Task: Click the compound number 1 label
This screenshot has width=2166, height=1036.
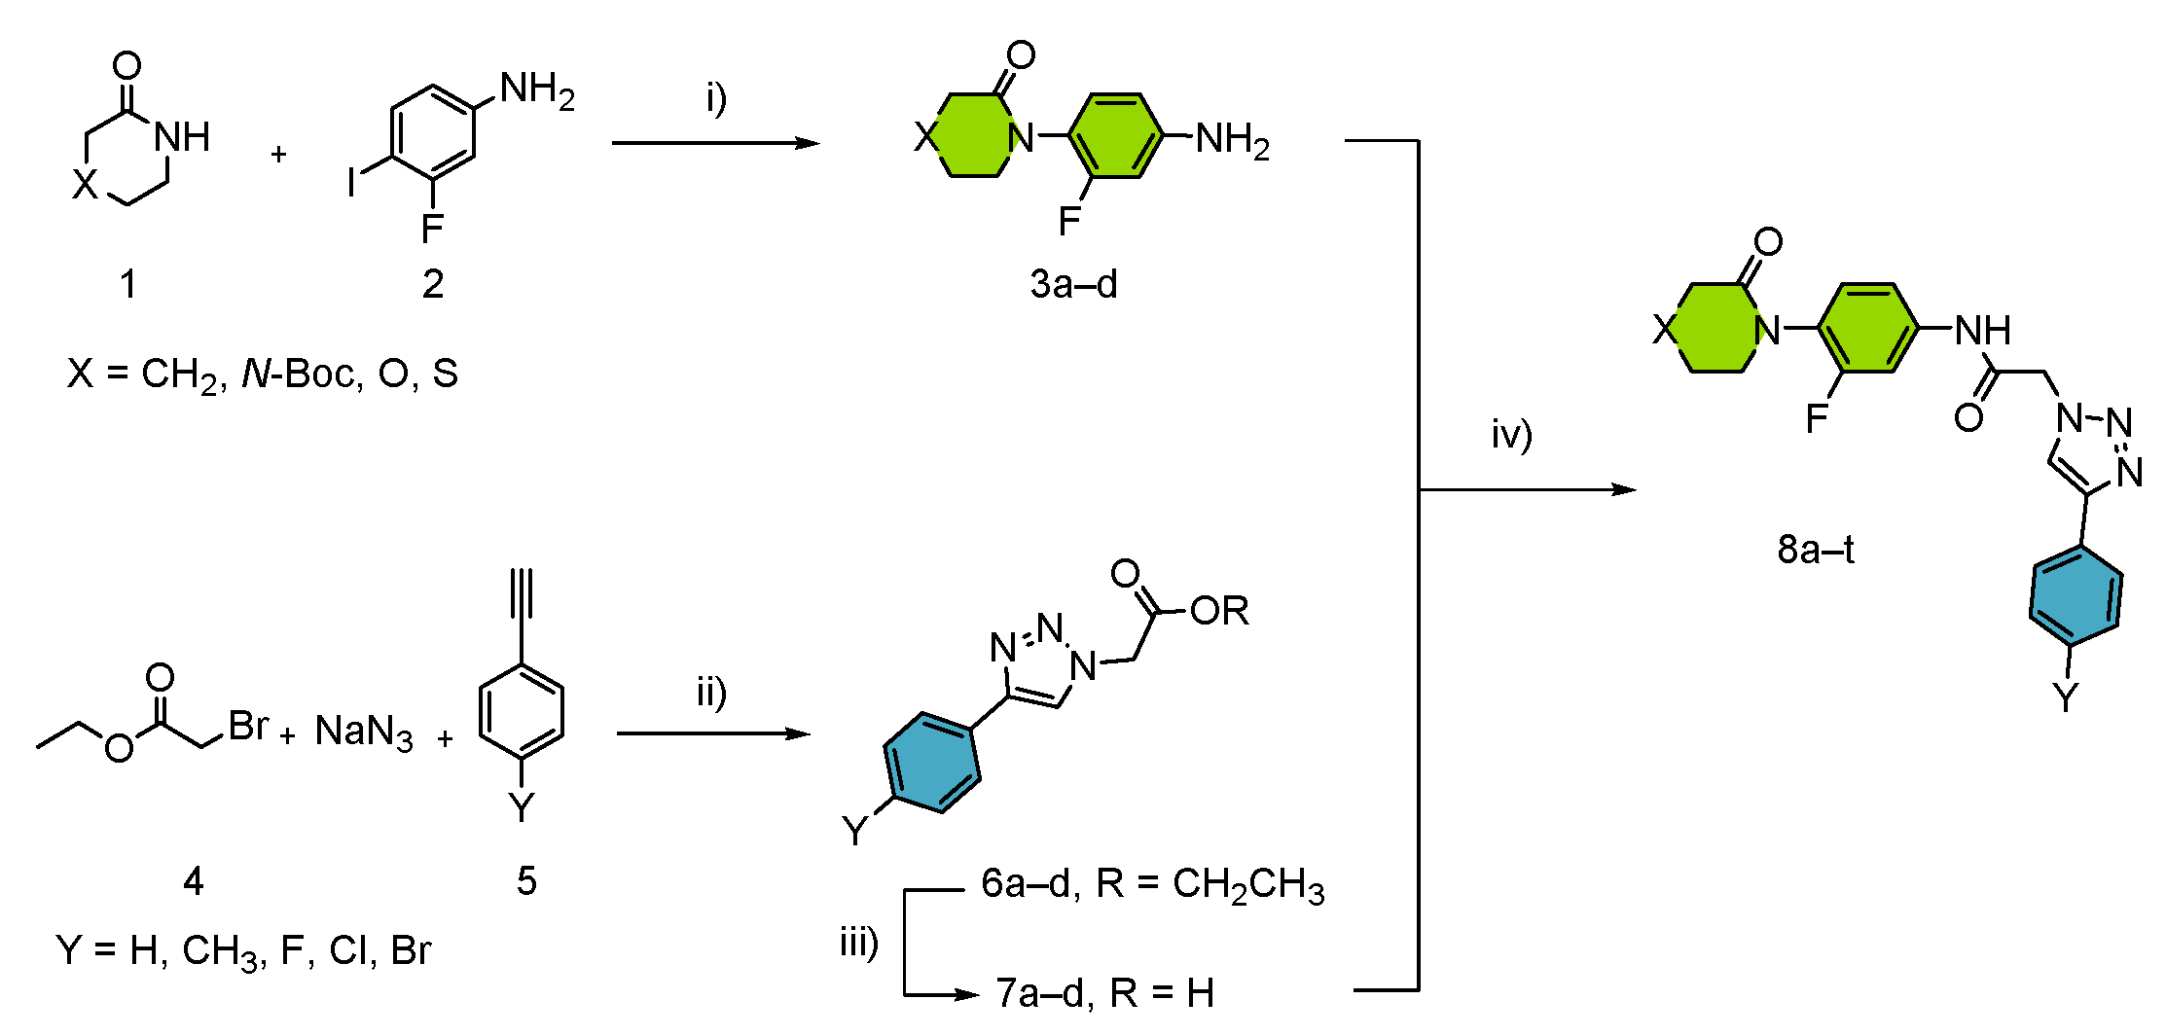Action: tap(127, 285)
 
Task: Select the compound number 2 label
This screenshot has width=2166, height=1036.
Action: tap(433, 284)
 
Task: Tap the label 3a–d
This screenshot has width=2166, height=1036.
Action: tap(1073, 284)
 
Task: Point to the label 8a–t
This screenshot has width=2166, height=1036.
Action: tap(1816, 550)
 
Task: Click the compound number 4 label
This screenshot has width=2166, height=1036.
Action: tap(193, 881)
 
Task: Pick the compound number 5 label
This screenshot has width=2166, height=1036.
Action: tap(526, 881)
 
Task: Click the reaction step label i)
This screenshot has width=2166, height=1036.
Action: tap(716, 98)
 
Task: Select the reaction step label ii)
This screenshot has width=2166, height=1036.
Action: tap(711, 694)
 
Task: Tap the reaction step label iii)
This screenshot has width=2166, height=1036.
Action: tap(859, 942)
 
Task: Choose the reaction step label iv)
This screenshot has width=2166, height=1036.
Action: tap(1511, 434)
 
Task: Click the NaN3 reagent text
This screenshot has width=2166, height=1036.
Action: tap(364, 732)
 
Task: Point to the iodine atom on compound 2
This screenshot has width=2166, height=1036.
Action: tap(352, 182)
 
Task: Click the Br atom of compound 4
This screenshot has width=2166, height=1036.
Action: tap(248, 725)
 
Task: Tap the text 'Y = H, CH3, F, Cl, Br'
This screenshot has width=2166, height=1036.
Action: tap(243, 950)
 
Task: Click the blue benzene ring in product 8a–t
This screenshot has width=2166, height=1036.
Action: tap(2076, 595)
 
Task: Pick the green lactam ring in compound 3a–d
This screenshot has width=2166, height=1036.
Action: tap(973, 136)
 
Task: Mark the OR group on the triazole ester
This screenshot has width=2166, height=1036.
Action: tap(1219, 611)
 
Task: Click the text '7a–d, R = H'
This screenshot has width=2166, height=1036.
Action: tap(1105, 993)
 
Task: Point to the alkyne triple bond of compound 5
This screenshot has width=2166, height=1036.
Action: tap(523, 594)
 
